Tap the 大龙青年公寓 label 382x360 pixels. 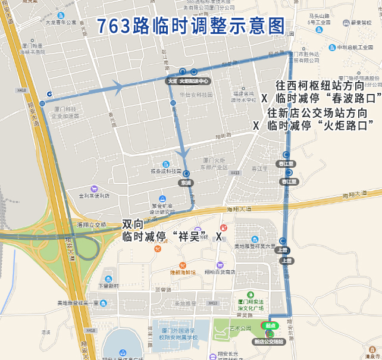(x=61, y=22)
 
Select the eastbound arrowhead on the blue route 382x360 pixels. (x=118, y=87)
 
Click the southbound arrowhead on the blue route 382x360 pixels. (x=184, y=154)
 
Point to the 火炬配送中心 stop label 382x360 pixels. (x=195, y=81)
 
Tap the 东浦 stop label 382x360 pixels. (x=186, y=183)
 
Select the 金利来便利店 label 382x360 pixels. (x=90, y=195)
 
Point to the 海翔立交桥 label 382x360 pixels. (x=92, y=224)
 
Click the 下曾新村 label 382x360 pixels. (x=108, y=286)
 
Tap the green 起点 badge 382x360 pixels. (x=270, y=325)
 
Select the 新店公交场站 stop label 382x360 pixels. (x=270, y=342)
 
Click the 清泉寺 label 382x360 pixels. (x=373, y=356)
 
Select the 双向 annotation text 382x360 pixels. (x=133, y=224)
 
